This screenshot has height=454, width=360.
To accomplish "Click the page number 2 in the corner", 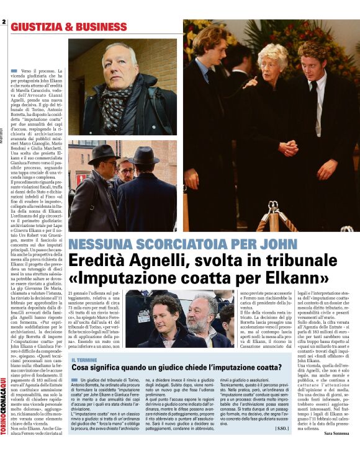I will click(4, 22).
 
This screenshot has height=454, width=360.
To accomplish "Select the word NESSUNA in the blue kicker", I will click(102, 244).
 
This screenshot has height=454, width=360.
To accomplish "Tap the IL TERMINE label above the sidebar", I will click(84, 360).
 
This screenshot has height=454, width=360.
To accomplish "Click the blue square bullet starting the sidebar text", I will click(74, 379).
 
